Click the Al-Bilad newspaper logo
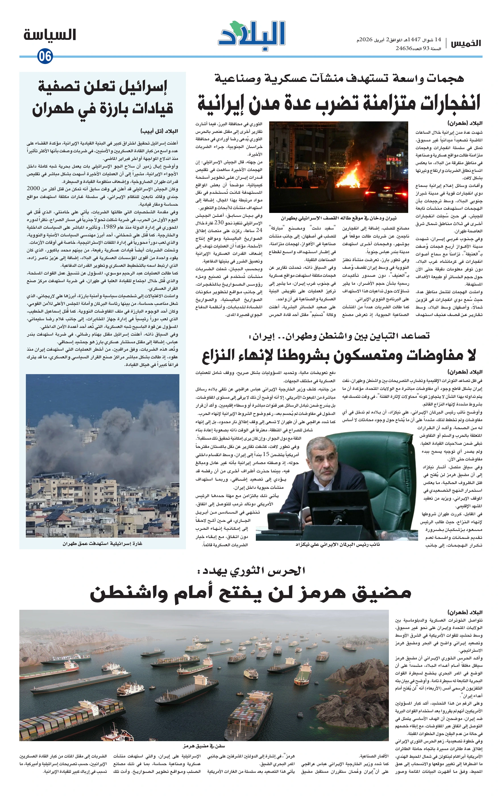click(252, 36)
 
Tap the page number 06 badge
click(45, 56)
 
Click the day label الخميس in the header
click(466, 43)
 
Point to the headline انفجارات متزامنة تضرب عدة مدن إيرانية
click(339, 103)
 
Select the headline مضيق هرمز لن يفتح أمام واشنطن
click(250, 592)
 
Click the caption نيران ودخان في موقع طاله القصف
click(339, 218)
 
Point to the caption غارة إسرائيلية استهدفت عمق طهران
click(102, 544)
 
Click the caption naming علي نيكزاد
click(337, 544)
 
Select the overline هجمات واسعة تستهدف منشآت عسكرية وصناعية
click(339, 78)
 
